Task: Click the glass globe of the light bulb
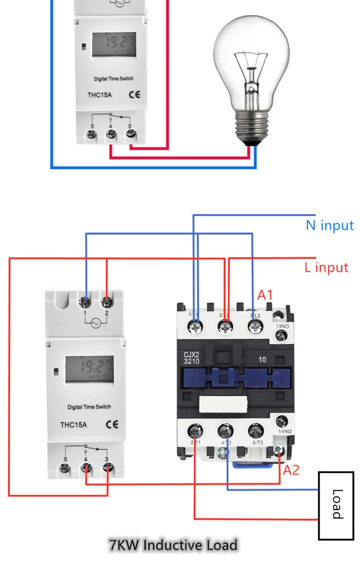[x=252, y=59]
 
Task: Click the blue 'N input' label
[x=329, y=225]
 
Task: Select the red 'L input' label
[x=326, y=267]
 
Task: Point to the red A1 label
[x=265, y=295]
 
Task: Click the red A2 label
[x=291, y=470]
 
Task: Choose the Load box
[x=336, y=504]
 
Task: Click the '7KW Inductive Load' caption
[x=173, y=545]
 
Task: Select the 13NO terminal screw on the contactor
[x=281, y=336]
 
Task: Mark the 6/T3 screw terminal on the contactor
[x=255, y=431]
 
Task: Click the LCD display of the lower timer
[x=89, y=368]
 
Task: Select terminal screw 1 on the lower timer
[x=85, y=302]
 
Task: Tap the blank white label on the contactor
[x=223, y=403]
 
